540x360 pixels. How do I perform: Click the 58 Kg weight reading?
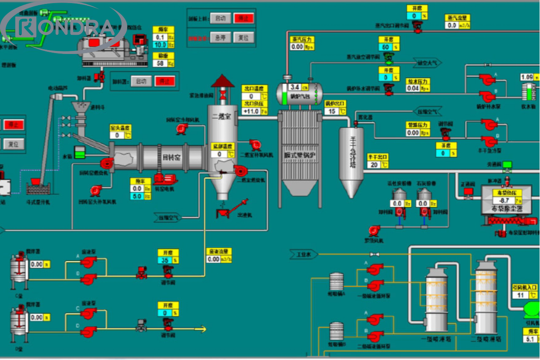(160, 64)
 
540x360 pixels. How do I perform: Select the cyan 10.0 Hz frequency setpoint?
(160, 45)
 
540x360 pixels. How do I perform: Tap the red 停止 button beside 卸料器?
(164, 81)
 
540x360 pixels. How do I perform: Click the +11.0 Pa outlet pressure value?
(251, 111)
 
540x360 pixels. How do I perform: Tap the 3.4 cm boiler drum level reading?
(295, 87)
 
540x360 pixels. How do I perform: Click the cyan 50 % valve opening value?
(385, 47)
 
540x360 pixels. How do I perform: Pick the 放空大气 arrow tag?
(427, 63)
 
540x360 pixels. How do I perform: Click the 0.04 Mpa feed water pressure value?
(413, 88)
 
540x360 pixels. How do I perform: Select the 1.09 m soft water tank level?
(527, 77)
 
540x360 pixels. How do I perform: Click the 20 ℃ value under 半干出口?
(373, 165)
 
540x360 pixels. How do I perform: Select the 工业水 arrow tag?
(304, 255)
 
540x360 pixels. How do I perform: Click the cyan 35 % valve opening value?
(165, 261)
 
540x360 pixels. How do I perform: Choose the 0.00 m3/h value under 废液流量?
(214, 259)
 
